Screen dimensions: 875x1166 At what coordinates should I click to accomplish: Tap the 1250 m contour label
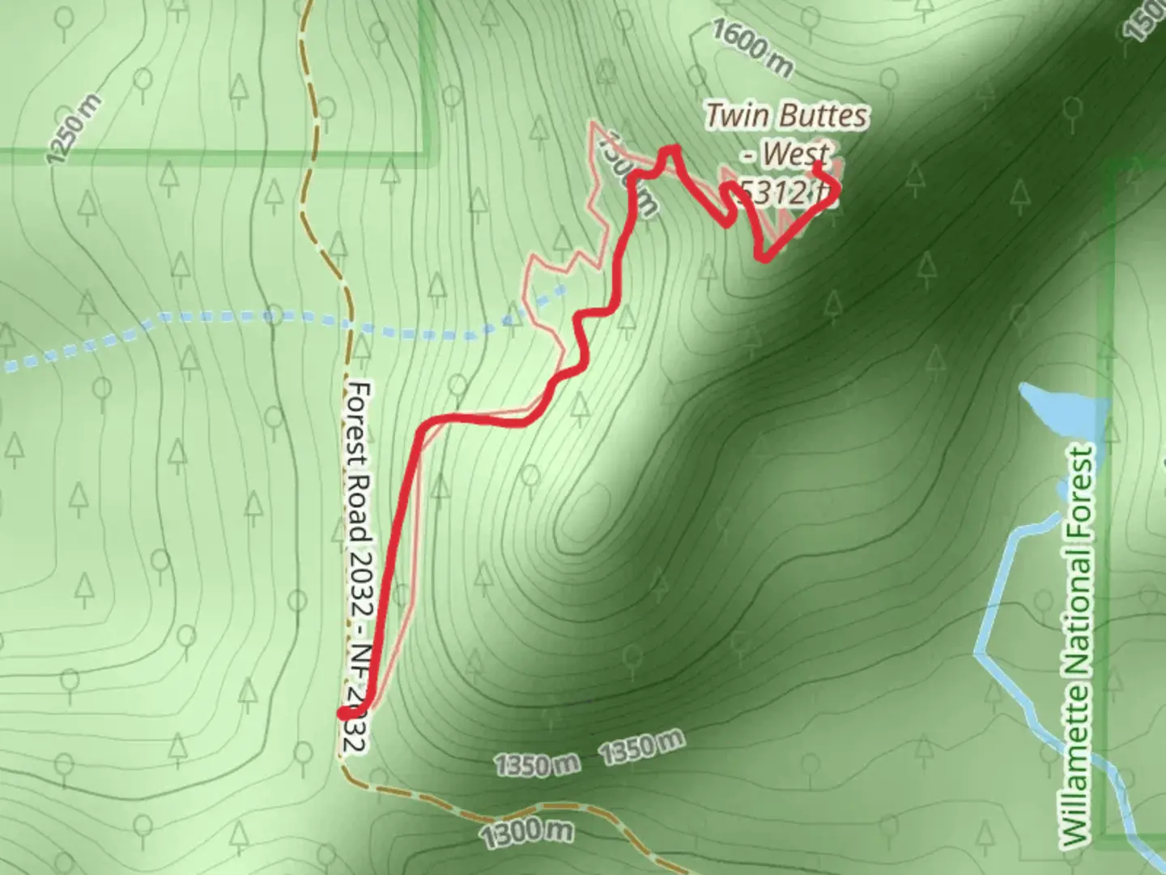[x=74, y=128]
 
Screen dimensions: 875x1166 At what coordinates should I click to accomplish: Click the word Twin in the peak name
[x=735, y=116]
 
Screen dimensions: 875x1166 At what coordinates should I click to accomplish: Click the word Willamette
[x=1078, y=766]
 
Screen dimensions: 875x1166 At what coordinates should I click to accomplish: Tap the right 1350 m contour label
[x=641, y=747]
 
